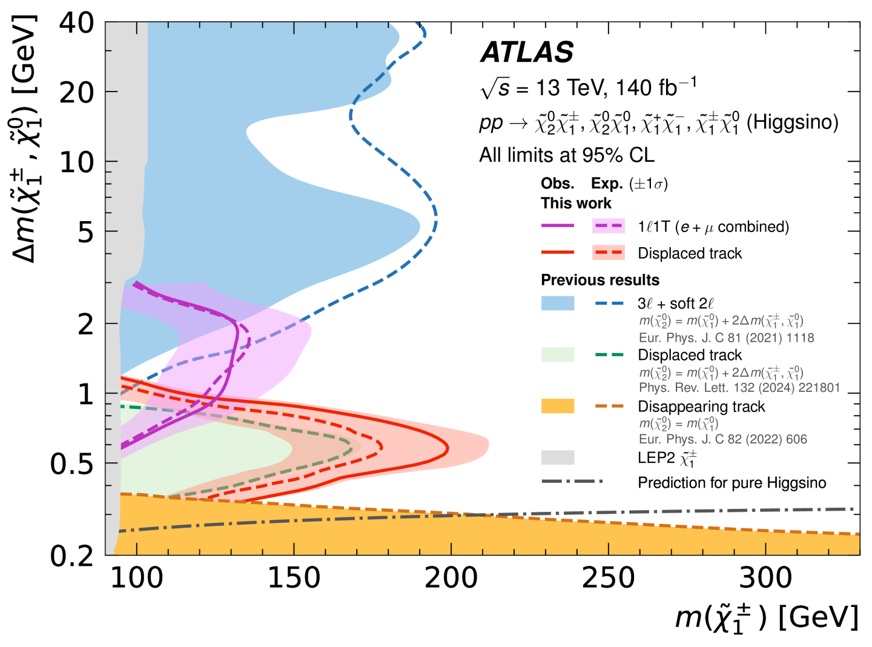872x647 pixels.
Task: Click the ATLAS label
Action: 527,52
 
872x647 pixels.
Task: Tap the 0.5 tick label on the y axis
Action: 72,464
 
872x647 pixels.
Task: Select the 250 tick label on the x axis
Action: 608,578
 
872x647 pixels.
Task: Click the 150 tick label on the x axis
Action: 294,578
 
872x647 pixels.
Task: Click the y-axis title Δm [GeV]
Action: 24,139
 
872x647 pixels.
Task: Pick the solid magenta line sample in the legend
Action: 557,226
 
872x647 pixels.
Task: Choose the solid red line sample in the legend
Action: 557,253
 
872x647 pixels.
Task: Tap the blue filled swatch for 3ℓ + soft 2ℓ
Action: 557,303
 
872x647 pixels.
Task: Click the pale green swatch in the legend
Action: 557,354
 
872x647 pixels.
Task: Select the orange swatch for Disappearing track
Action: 557,406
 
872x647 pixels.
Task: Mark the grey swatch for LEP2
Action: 557,457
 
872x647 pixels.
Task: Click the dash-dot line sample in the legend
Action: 572,482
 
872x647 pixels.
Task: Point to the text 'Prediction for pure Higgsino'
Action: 732,483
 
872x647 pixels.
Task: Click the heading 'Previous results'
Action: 599,280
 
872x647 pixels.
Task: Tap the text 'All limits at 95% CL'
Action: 566,155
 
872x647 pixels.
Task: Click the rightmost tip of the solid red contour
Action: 448,449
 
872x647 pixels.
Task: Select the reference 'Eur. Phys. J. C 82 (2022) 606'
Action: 722,439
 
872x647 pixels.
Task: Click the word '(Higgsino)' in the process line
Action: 792,122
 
